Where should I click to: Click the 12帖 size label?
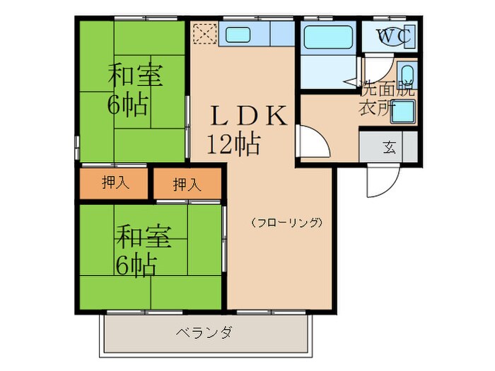[233, 144]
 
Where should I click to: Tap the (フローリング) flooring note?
[287, 222]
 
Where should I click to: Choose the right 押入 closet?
[187, 184]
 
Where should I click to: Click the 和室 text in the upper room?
[134, 76]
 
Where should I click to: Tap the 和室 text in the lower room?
[144, 237]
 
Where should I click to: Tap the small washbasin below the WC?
[406, 73]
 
